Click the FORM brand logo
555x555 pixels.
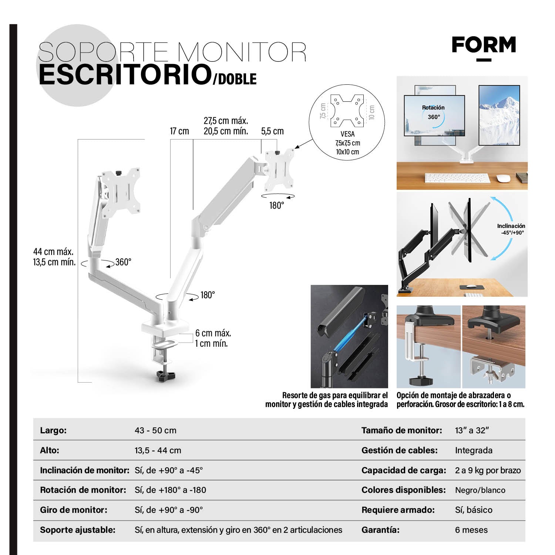484,46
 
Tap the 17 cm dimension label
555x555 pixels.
179,131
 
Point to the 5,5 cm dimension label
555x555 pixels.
272,131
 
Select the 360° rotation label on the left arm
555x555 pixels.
123,262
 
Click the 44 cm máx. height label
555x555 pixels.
53,252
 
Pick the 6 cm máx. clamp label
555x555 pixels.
213,333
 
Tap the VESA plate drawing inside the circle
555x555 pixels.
347,111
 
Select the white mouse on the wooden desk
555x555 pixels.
503,178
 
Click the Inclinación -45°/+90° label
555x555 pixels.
511,229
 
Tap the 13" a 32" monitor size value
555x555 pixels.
472,430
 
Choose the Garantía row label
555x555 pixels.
380,530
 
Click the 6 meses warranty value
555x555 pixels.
471,530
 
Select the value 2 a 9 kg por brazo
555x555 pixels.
488,470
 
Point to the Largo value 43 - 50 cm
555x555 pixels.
155,430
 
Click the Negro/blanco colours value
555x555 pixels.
480,490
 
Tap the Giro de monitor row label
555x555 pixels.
74,510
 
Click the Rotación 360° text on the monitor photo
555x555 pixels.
433,112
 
